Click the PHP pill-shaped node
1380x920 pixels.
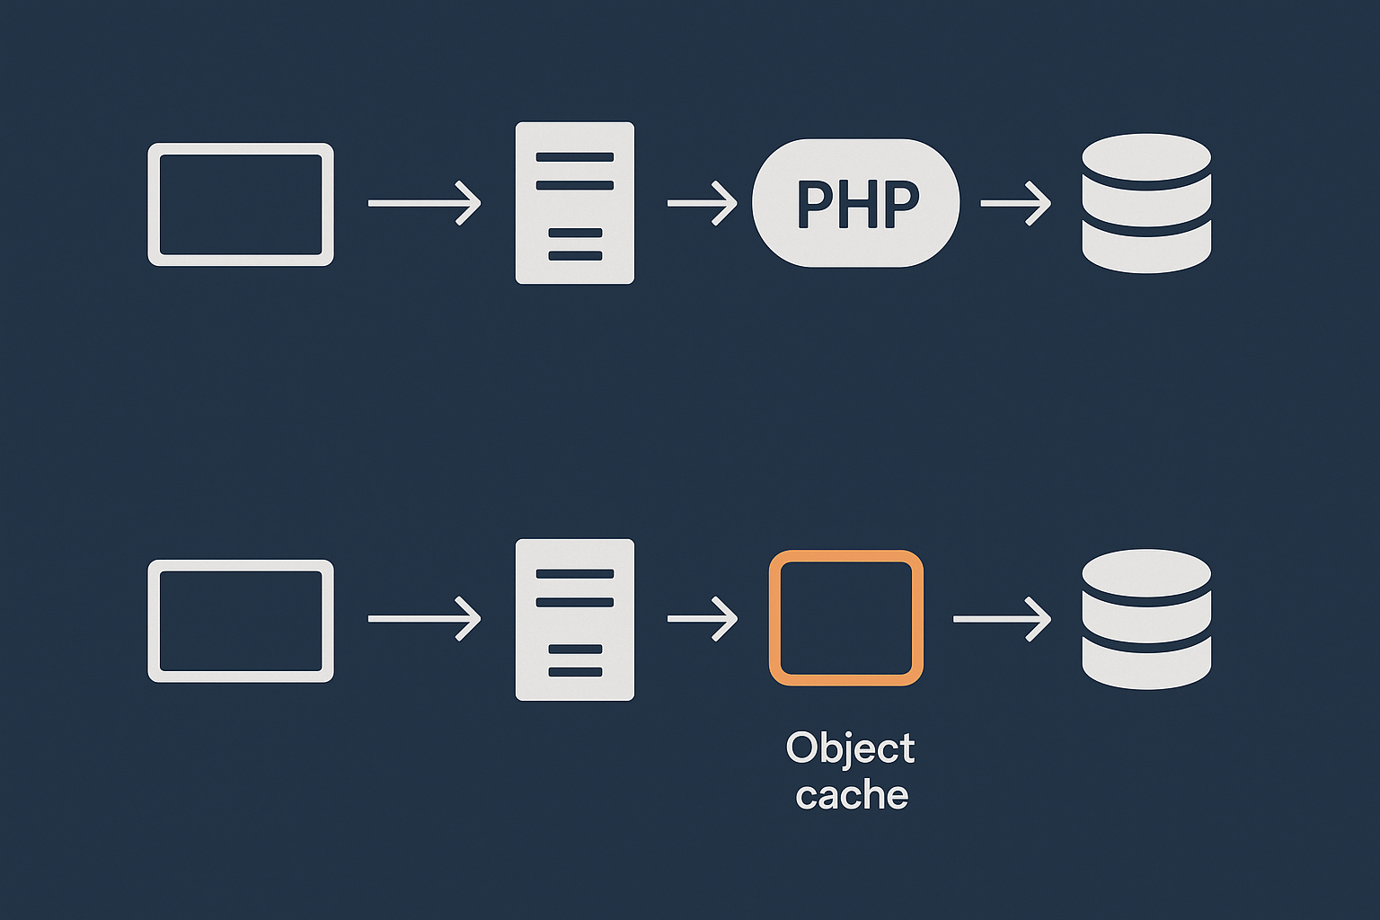click(x=855, y=203)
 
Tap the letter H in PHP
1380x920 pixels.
click(x=858, y=204)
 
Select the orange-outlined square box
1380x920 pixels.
click(x=845, y=618)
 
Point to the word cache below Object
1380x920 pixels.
click(x=852, y=796)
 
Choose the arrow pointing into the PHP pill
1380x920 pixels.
click(x=702, y=203)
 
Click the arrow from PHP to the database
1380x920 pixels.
click(x=1015, y=203)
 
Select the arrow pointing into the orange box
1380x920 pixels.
click(x=702, y=619)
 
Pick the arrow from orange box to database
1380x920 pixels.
click(x=1002, y=619)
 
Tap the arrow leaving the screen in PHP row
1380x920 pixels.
click(x=424, y=203)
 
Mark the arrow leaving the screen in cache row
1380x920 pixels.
click(x=424, y=619)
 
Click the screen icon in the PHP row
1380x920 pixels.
click(x=241, y=204)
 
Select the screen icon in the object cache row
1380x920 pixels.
click(x=241, y=621)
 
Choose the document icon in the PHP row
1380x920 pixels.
click(x=575, y=203)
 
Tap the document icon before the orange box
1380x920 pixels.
click(x=575, y=620)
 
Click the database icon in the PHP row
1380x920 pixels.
click(x=1146, y=203)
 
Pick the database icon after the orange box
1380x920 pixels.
click(x=1146, y=619)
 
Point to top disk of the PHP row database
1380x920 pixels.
click(x=1146, y=157)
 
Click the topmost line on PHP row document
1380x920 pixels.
click(x=575, y=156)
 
